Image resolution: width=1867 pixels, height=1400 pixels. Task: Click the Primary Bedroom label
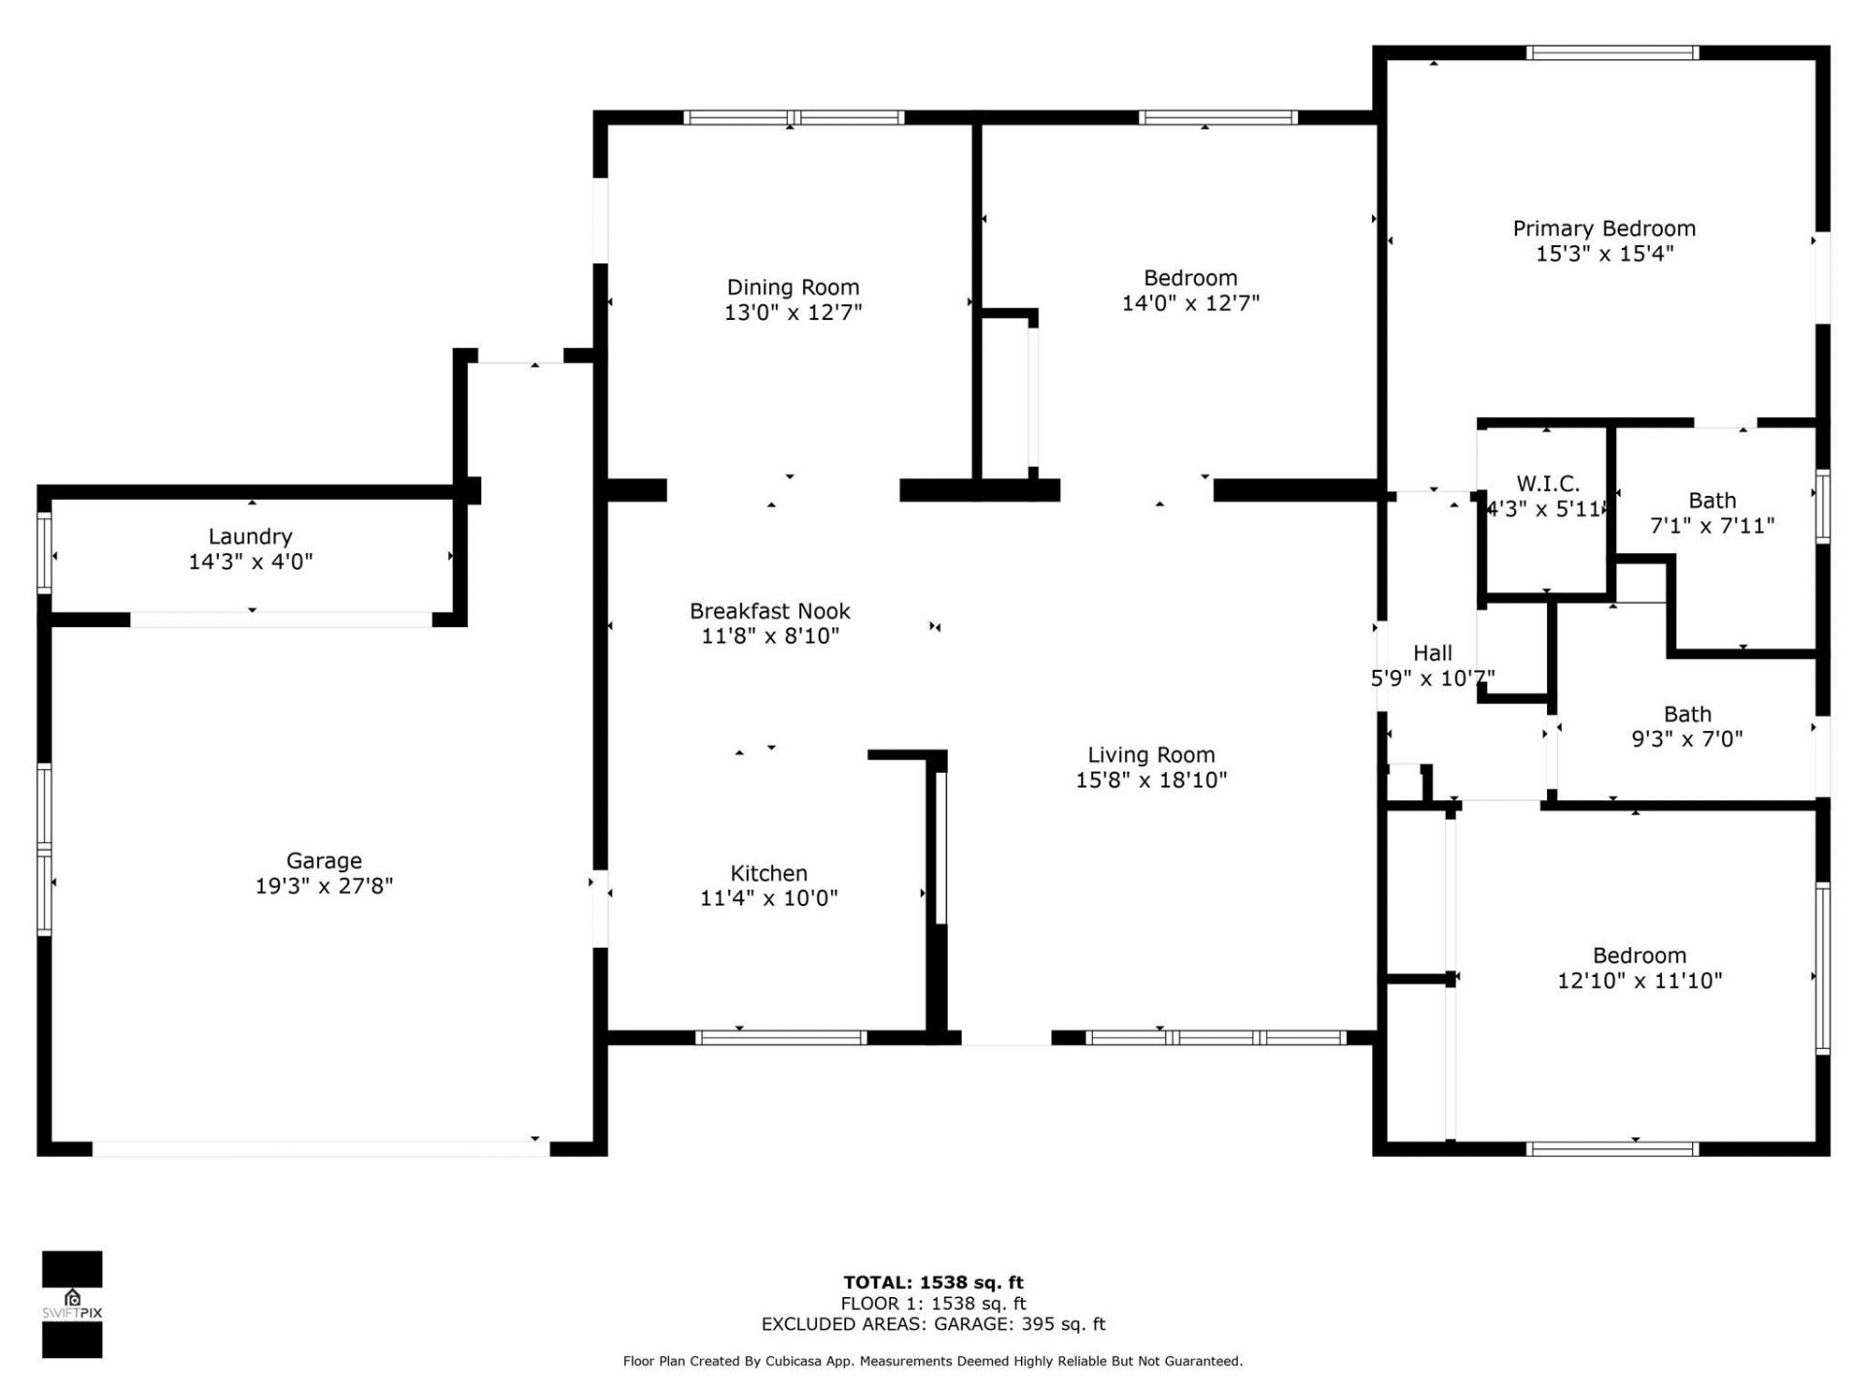[x=1603, y=228]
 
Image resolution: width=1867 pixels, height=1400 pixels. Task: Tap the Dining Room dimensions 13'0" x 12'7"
[x=793, y=312]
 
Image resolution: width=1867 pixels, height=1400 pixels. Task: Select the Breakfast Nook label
[x=769, y=611]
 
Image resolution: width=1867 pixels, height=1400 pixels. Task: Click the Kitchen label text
[x=768, y=873]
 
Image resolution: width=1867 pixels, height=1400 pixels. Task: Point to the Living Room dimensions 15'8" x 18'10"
[x=1150, y=780]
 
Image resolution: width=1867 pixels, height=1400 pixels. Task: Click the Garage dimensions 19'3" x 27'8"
[x=323, y=886]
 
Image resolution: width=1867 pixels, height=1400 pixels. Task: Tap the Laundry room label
[x=250, y=536]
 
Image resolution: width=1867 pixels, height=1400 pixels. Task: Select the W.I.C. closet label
[x=1547, y=483]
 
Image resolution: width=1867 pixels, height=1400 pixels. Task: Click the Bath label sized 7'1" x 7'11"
[x=1711, y=501]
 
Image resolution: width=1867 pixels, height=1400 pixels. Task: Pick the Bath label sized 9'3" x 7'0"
[x=1686, y=715]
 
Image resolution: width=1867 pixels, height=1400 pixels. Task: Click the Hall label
[x=1432, y=653]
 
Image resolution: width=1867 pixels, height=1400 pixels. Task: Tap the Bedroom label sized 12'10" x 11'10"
[x=1638, y=956]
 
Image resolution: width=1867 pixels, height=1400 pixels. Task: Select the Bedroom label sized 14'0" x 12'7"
[x=1189, y=278]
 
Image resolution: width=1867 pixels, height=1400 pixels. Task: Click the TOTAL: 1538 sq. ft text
[x=933, y=1282]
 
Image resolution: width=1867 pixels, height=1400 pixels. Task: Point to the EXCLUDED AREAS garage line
[x=933, y=1324]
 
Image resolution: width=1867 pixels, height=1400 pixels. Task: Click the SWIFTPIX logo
[x=72, y=1304]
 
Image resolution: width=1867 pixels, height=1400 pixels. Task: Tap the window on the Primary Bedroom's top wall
[x=1611, y=53]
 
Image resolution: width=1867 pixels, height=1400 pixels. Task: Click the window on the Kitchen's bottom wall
[x=781, y=1037]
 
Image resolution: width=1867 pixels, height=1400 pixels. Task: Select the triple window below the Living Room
[x=1215, y=1037]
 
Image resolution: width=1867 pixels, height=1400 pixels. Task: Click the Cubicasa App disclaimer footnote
[x=933, y=1361]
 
